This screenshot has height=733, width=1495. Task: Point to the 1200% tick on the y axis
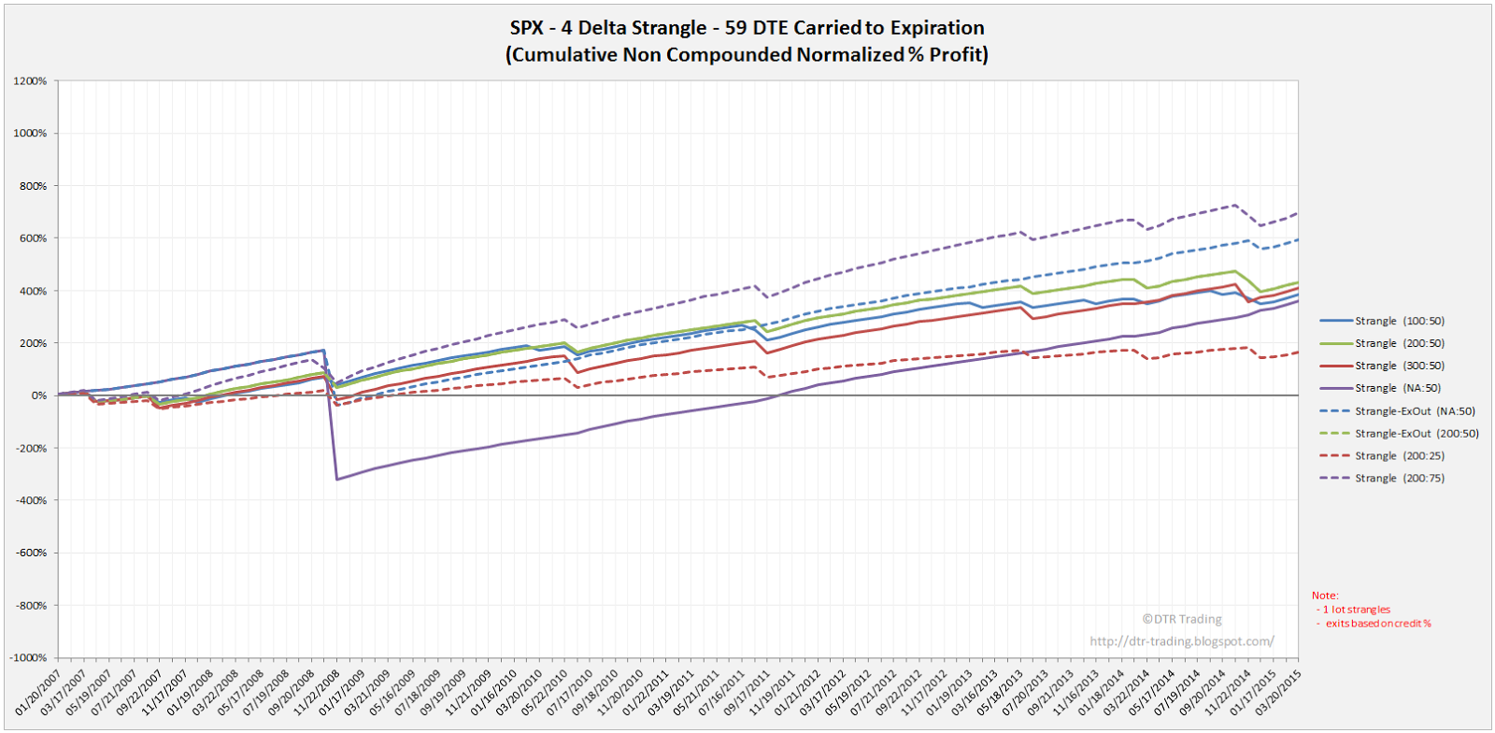tap(30, 81)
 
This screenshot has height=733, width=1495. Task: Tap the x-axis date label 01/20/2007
tap(39, 692)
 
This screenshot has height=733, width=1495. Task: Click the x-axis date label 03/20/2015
tap(1278, 692)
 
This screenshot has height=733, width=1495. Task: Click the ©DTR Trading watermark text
tap(1181, 619)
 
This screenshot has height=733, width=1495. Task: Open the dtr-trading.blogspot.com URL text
tap(1181, 641)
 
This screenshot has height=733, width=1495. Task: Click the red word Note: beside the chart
tap(1324, 596)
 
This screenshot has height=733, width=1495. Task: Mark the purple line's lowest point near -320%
tap(336, 480)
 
